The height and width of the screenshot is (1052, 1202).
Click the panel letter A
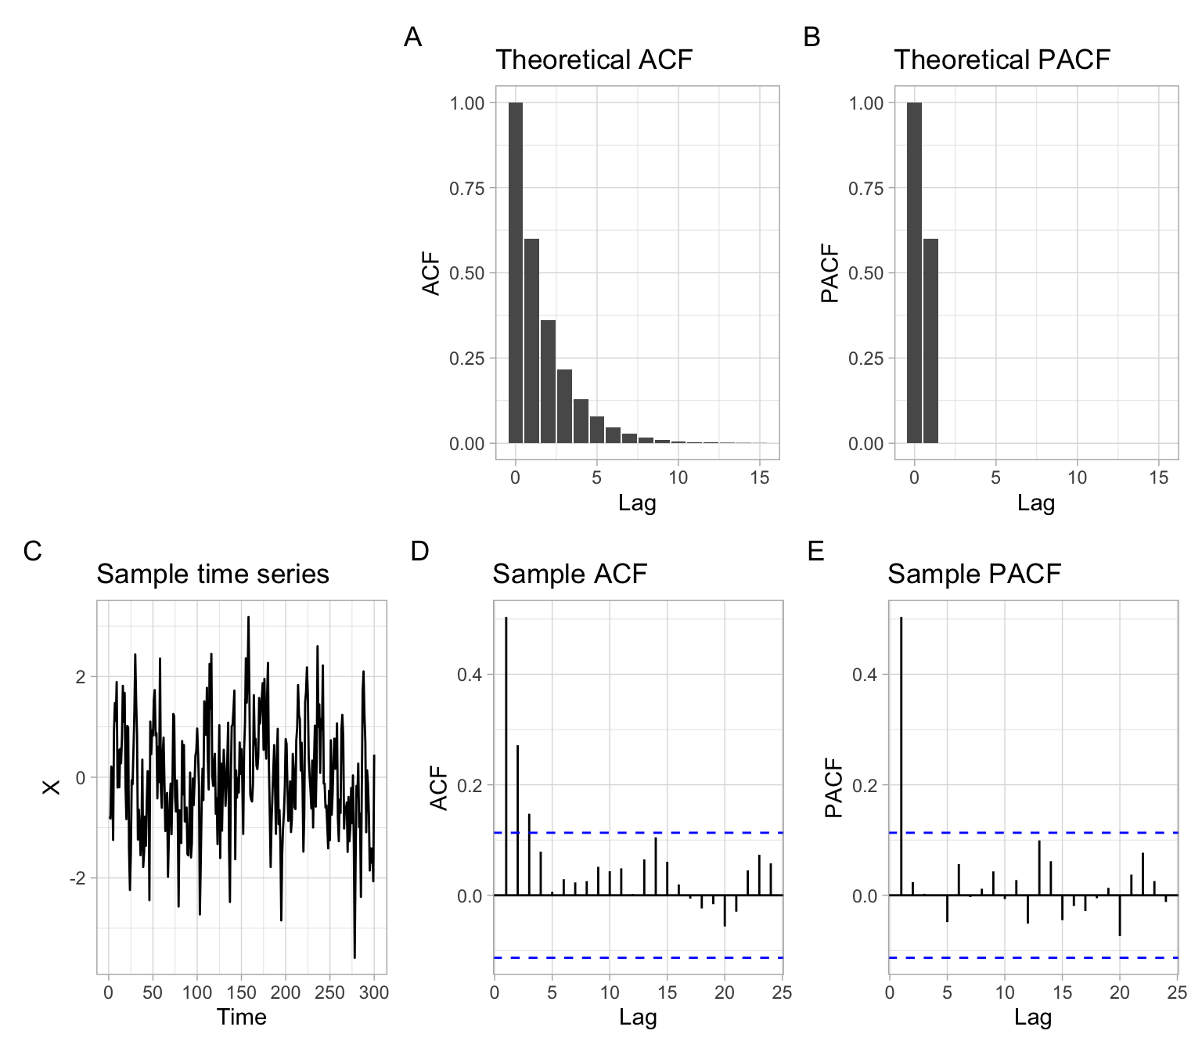[412, 37]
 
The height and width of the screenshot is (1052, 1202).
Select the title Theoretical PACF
[1002, 59]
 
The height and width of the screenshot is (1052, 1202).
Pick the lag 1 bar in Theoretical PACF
[930, 340]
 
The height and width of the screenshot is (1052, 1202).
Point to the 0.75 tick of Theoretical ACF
[466, 188]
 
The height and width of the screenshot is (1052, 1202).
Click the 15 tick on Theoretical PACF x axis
[1159, 477]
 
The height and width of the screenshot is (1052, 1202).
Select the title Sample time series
[212, 574]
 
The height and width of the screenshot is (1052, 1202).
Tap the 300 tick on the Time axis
[373, 993]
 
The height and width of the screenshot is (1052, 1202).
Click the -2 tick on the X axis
[78, 878]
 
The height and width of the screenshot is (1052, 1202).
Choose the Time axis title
[241, 1017]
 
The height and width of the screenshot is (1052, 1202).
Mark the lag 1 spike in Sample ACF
[506, 755]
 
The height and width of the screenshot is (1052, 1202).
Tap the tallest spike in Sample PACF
[901, 755]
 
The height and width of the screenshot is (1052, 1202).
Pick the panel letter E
[815, 551]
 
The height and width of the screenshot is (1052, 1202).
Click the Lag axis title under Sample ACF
[638, 1017]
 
